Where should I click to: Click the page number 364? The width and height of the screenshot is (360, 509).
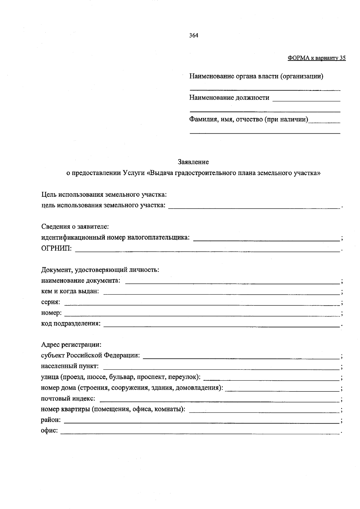click(x=193, y=35)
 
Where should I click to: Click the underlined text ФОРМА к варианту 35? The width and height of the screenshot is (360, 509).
click(x=316, y=58)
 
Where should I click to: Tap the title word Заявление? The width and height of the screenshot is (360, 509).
click(x=193, y=162)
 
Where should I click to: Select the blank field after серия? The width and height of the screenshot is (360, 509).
click(x=202, y=303)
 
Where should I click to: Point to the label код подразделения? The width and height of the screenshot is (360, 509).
click(x=71, y=324)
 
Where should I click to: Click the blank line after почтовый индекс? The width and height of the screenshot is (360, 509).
click(x=219, y=399)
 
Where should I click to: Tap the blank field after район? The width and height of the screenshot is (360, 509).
click(x=202, y=421)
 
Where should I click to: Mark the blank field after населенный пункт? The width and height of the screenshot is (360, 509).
click(x=223, y=367)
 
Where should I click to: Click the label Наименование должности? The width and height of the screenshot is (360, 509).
click(x=229, y=98)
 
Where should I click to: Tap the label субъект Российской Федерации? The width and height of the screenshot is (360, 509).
click(x=90, y=356)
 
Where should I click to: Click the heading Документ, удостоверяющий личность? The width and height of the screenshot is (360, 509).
click(x=100, y=270)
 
